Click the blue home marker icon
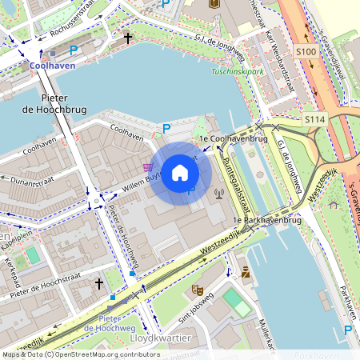180,173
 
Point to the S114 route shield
315,119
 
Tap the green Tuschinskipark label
237,72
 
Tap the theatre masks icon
197,288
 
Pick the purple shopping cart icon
147,167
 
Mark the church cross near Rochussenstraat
128,37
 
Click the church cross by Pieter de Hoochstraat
99,283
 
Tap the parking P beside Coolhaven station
74,50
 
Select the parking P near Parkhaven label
348,330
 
